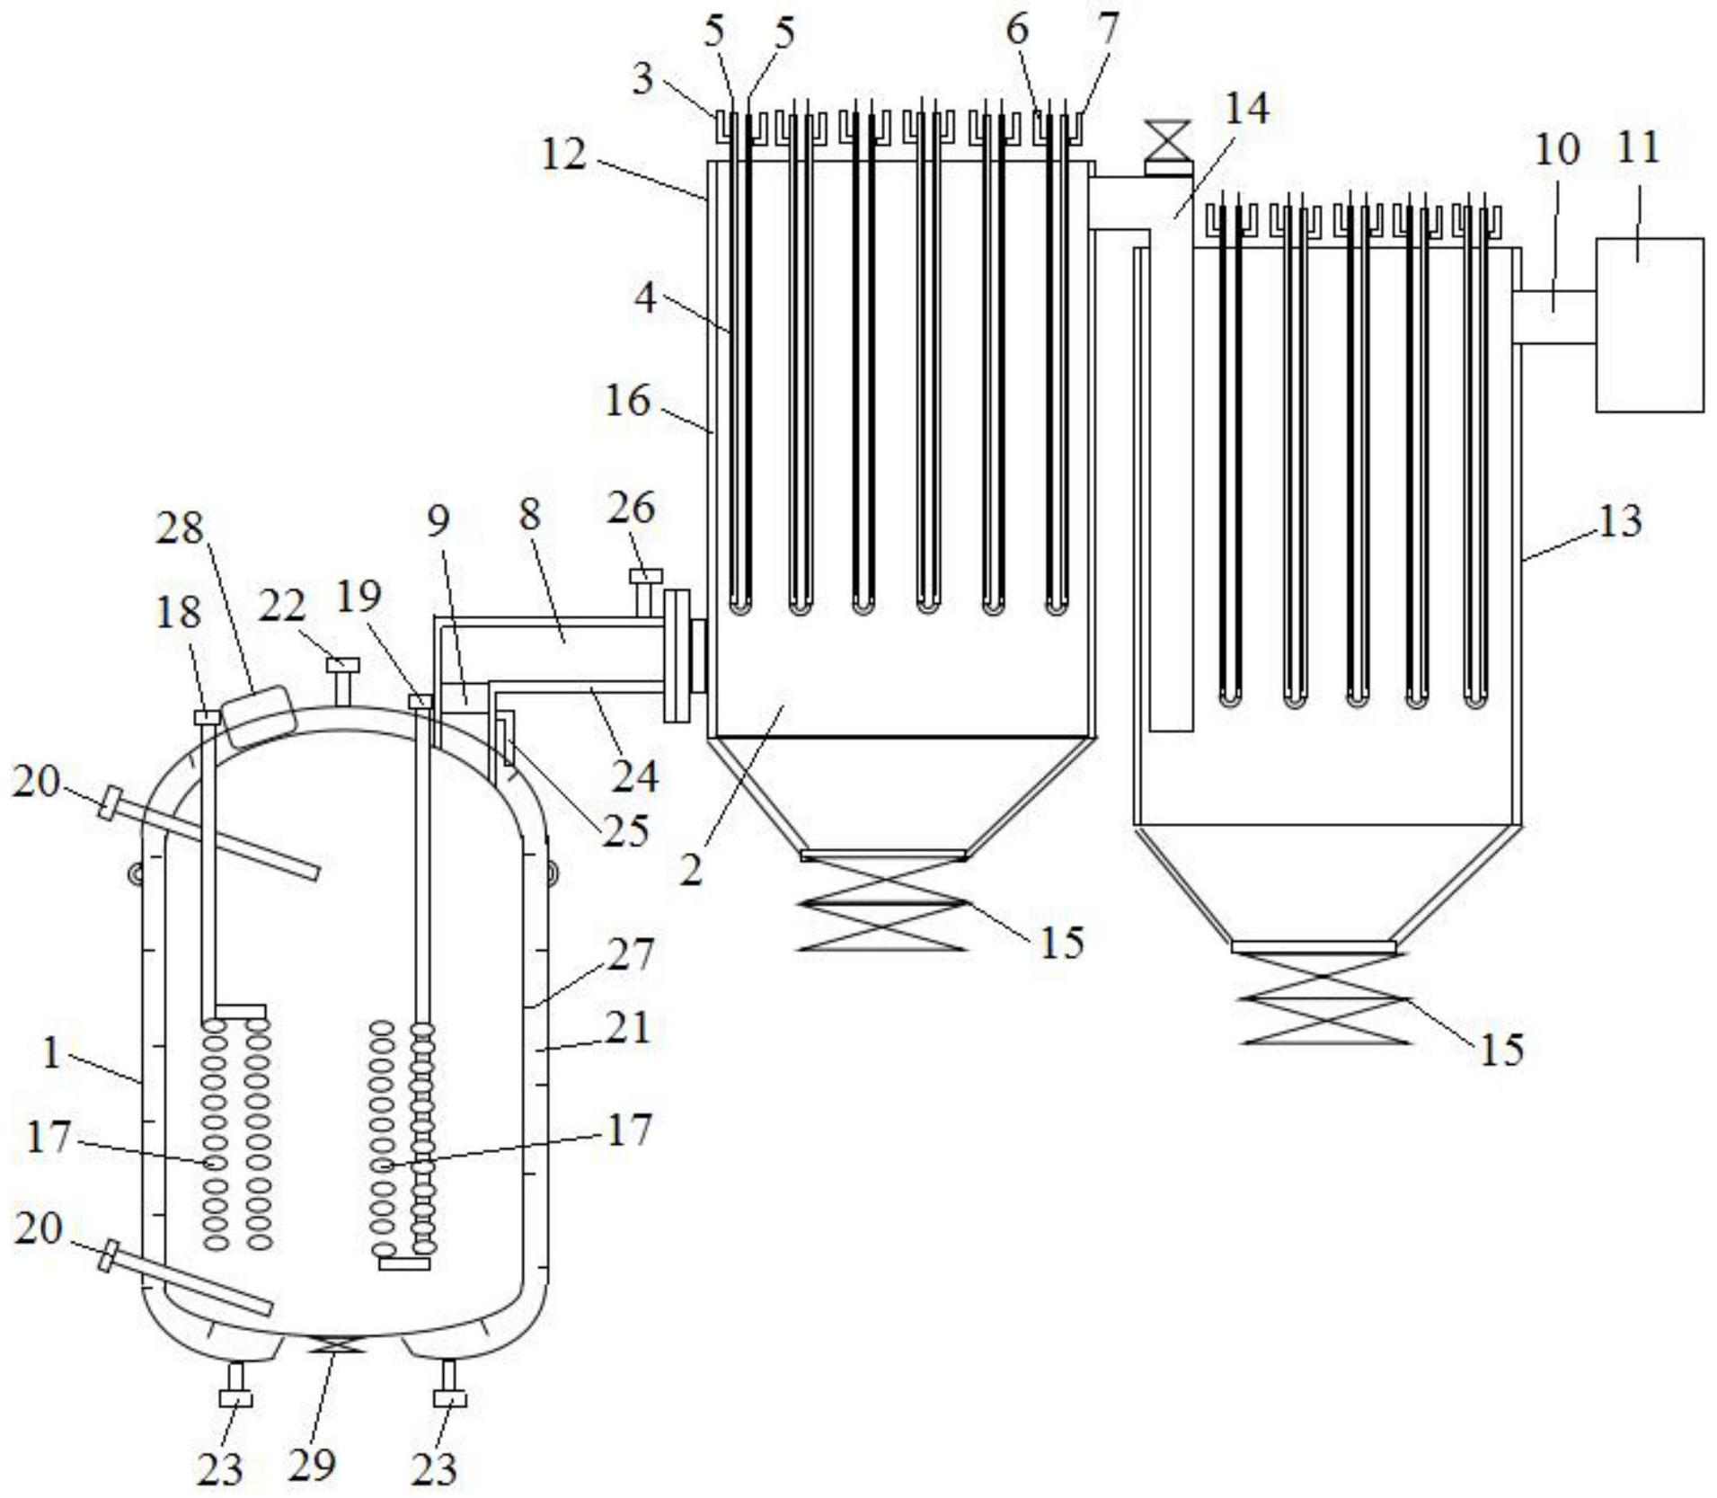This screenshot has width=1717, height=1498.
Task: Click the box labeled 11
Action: (1649, 325)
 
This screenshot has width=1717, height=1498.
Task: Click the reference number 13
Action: (1620, 521)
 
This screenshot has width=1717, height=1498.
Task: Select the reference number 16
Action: (626, 401)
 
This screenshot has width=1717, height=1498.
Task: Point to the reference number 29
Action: (312, 1464)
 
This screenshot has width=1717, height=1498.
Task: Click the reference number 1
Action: (52, 1054)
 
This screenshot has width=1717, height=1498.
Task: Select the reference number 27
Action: (630, 954)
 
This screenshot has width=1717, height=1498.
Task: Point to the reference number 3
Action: (642, 79)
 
